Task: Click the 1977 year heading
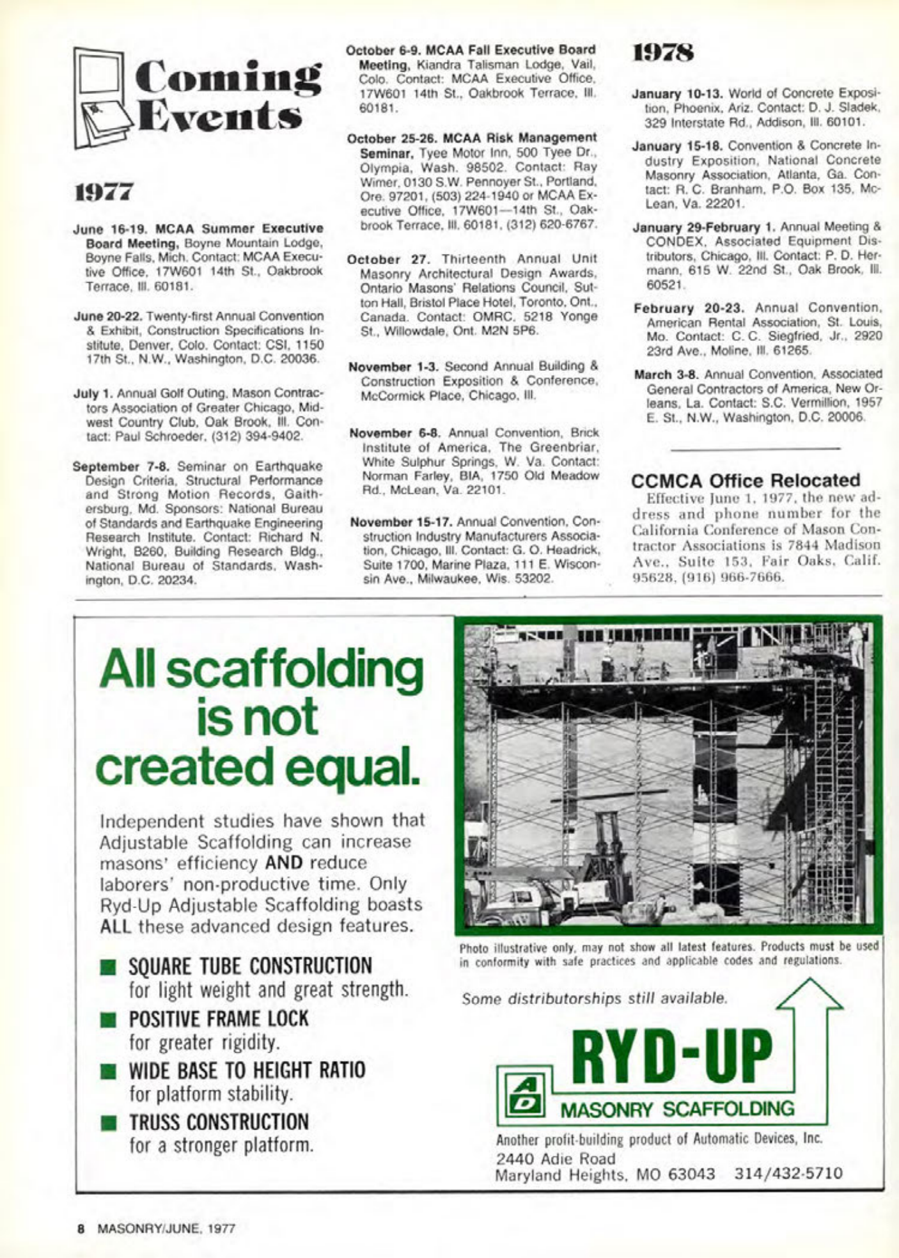click(104, 191)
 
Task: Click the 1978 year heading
click(663, 53)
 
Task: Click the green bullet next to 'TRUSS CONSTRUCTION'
click(110, 1123)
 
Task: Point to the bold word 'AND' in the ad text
click(284, 863)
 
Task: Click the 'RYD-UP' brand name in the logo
click(671, 1055)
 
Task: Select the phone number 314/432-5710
click(788, 1174)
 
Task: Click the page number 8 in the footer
click(81, 1229)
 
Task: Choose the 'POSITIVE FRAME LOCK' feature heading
click(219, 1019)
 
